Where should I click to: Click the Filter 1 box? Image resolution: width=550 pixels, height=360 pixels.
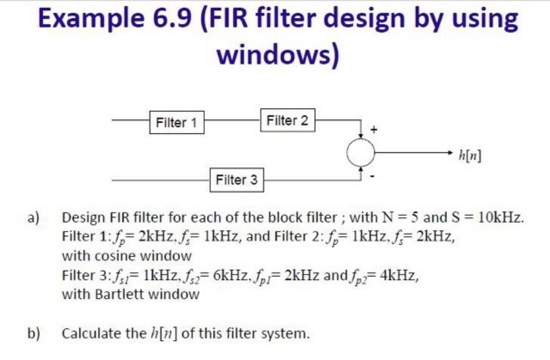pos(176,122)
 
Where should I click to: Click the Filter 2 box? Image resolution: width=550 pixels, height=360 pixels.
pos(287,121)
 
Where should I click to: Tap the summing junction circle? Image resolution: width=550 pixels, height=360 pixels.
pos(361,151)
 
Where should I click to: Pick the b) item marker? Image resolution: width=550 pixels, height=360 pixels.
pos(34,334)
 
